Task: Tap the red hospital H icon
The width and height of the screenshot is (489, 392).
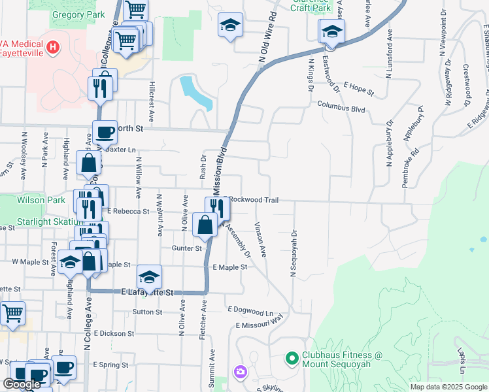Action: coord(54,47)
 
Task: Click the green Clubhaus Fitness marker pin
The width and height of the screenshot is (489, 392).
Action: coord(292,358)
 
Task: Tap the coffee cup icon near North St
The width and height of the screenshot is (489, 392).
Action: coord(105,133)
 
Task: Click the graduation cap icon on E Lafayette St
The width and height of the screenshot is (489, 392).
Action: coord(149,277)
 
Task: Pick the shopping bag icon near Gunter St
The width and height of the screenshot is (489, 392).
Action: coord(205,225)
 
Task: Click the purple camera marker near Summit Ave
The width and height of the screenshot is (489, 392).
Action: coord(240,372)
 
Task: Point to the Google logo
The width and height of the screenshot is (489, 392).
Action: coord(22,384)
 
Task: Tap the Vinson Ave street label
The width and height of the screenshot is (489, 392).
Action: coord(261,240)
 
